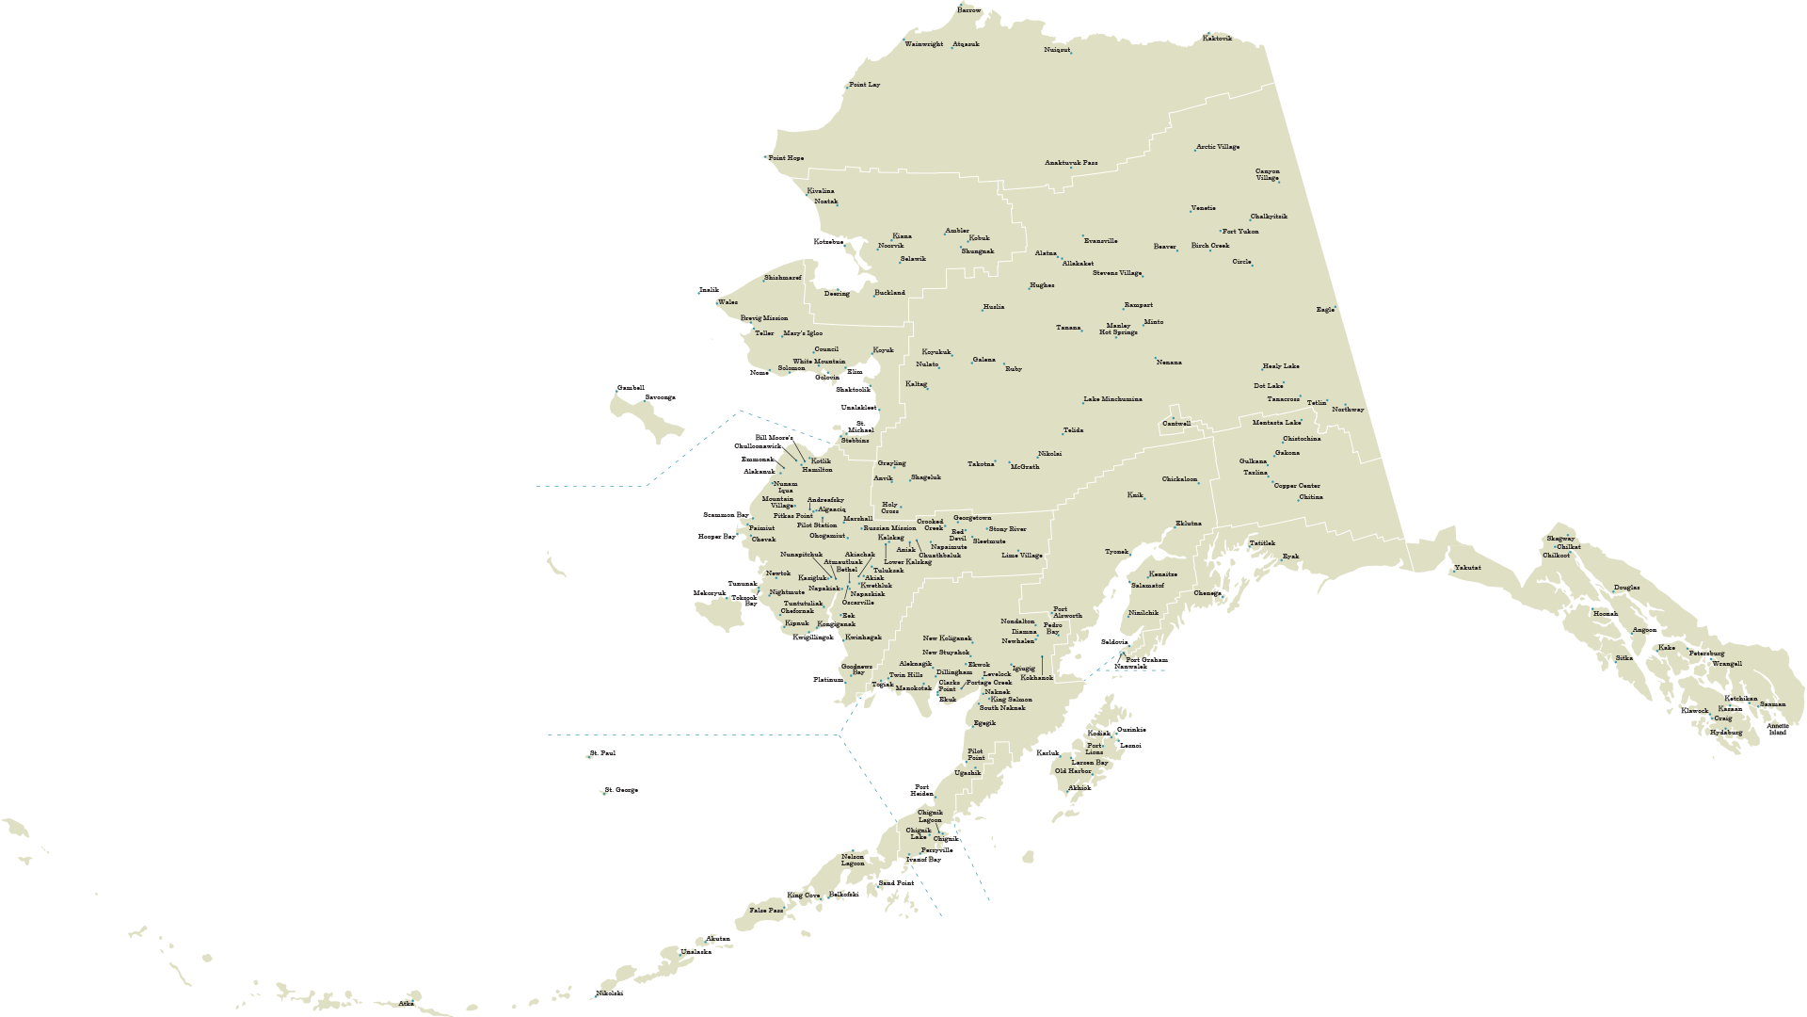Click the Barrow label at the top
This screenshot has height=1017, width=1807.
coord(968,10)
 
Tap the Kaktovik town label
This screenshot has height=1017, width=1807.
coord(1217,39)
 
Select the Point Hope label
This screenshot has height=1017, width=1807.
coord(786,158)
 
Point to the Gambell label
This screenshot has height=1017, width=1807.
coord(631,388)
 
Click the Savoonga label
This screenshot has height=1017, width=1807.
coord(660,397)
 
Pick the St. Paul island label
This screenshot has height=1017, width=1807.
coord(602,753)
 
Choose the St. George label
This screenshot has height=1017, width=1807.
coord(621,790)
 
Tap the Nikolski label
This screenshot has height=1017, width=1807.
coord(609,993)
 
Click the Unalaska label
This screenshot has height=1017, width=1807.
coord(696,952)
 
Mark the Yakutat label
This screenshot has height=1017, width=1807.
coord(1467,568)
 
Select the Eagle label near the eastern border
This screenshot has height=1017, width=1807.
coord(1324,310)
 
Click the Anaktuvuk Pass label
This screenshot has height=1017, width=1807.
coord(1071,163)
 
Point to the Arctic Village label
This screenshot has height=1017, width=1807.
coord(1218,147)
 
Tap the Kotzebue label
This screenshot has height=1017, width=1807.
coord(828,242)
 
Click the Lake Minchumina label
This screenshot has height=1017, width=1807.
coord(1112,399)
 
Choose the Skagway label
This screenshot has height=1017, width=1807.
coord(1559,539)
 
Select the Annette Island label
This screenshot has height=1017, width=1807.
coord(1777,729)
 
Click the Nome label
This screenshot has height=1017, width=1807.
coord(759,373)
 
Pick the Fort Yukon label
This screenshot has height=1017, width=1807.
coord(1240,232)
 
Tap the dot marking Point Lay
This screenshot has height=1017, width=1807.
coord(847,87)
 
